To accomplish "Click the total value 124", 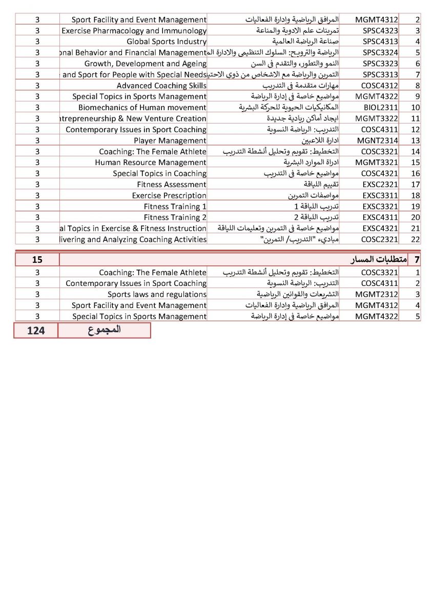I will coord(36,331).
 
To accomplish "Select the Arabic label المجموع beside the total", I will coord(105,330).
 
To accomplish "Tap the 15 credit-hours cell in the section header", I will coord(37,259).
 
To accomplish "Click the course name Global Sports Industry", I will coord(167,42).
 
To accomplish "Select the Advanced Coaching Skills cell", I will coord(161,86).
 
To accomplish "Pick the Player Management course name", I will coord(170,140).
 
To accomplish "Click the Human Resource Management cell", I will coord(151,162).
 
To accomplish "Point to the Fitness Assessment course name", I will coord(172,184).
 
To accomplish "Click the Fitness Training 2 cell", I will coord(175,218).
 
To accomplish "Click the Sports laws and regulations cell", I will coord(157,295).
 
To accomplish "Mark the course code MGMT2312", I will coord(377,295).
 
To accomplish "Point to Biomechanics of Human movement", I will coord(142,108).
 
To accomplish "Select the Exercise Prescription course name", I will coord(169,196).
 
